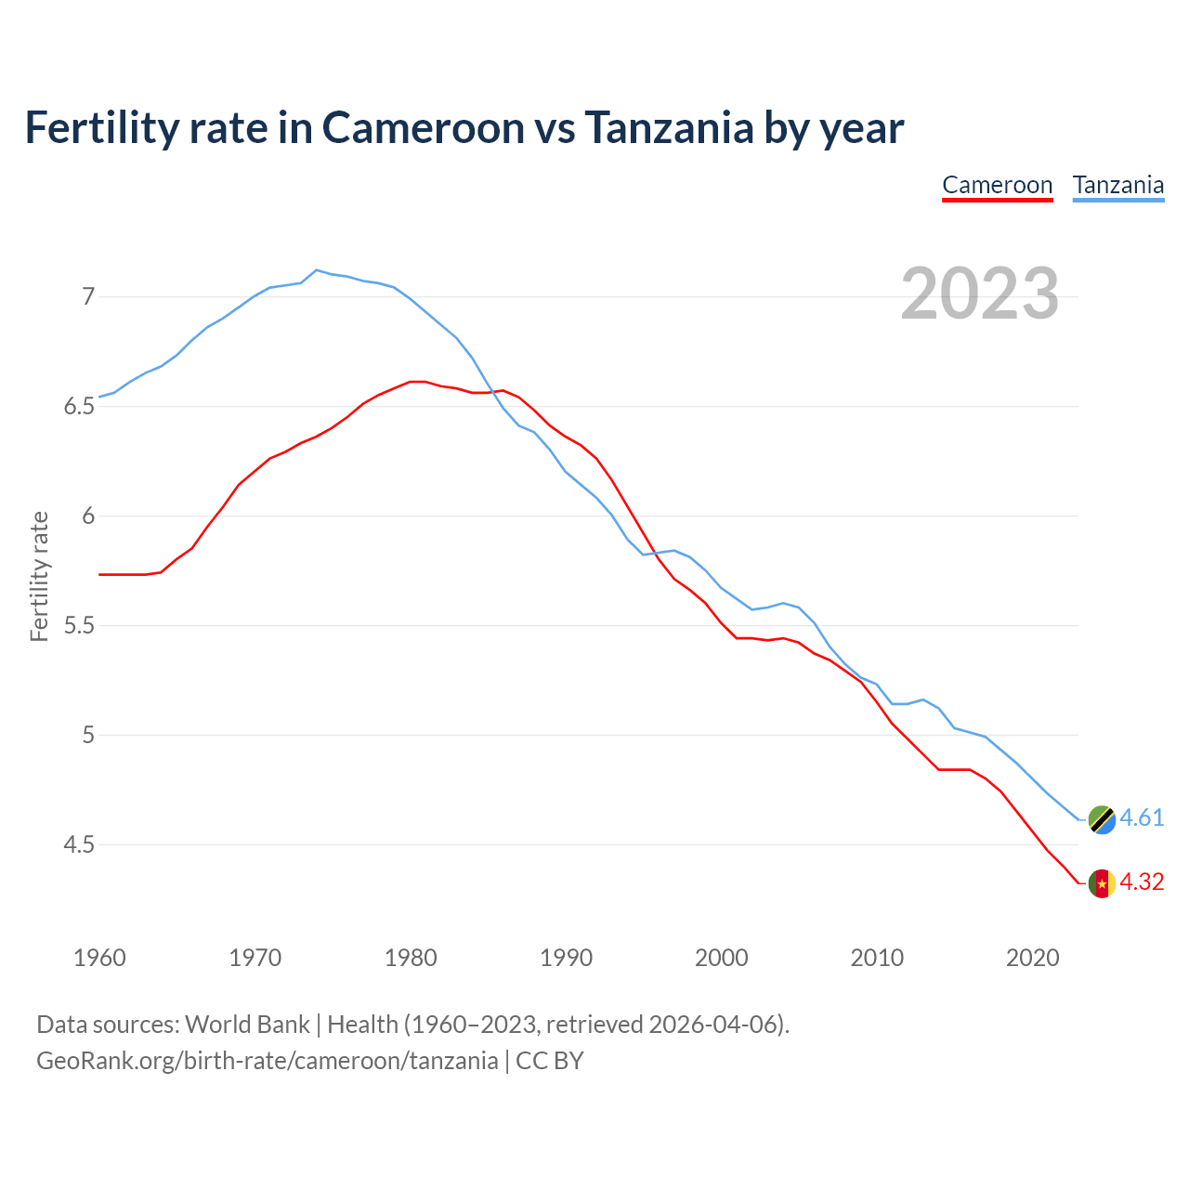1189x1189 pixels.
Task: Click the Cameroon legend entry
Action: coord(997,185)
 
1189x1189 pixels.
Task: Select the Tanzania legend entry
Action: coord(1118,185)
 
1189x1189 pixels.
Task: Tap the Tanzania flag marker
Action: coord(1102,819)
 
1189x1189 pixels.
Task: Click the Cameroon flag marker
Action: coord(1102,883)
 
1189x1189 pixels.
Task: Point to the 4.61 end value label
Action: coord(1142,817)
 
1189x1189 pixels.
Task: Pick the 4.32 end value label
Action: coord(1142,882)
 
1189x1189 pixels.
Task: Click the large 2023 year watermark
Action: coord(980,294)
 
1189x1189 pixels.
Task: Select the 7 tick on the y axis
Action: coord(88,297)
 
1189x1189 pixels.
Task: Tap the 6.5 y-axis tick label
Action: coord(80,407)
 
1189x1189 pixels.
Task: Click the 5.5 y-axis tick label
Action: coord(80,626)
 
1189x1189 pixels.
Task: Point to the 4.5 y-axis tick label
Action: coord(80,845)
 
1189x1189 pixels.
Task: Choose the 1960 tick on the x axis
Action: coord(99,958)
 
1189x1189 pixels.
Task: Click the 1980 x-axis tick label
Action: coord(411,958)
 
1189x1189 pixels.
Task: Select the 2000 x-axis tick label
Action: coord(722,958)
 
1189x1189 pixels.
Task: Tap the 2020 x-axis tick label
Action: coord(1033,958)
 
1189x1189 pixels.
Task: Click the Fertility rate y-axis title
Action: coord(39,576)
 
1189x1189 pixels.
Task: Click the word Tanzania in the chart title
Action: coord(669,127)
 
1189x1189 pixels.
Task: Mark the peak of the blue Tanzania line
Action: coord(317,270)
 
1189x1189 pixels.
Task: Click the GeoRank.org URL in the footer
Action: coord(268,1061)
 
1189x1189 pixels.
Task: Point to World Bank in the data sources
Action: coord(247,1025)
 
